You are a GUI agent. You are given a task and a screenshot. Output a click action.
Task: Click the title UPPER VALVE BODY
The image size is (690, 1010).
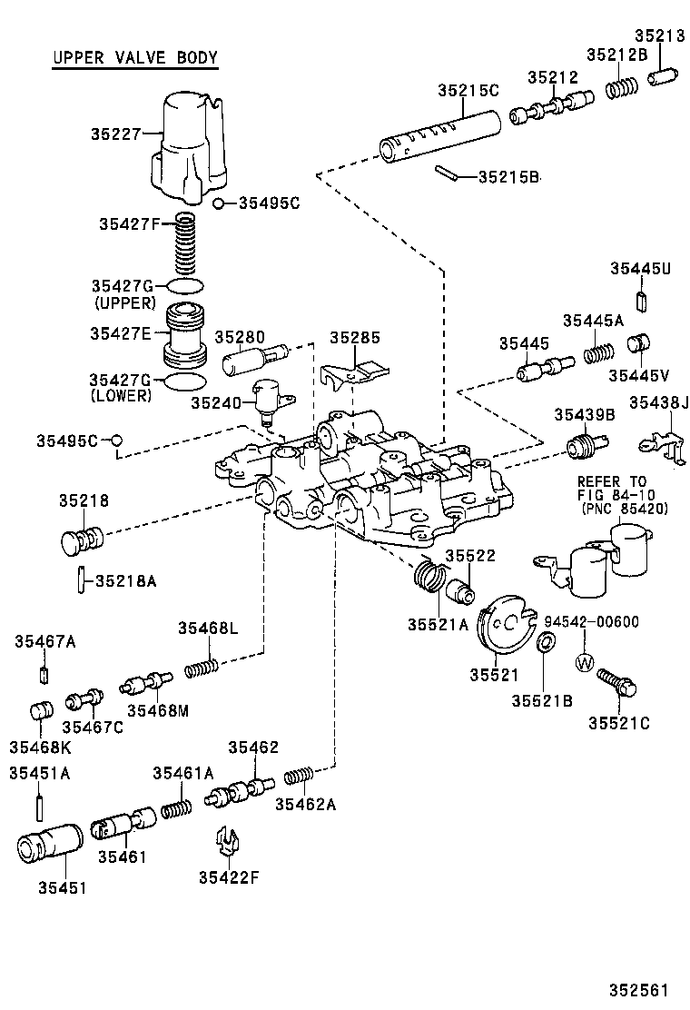pyautogui.click(x=134, y=59)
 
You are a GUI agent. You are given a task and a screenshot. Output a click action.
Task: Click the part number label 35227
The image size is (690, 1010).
pyautogui.click(x=115, y=134)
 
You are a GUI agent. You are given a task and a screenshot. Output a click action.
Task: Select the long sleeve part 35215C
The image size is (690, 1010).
pyautogui.click(x=440, y=136)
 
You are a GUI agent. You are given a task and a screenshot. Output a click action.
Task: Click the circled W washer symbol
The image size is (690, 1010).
pyautogui.click(x=584, y=661)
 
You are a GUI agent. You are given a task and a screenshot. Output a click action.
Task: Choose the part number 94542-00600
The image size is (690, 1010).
pyautogui.click(x=591, y=622)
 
